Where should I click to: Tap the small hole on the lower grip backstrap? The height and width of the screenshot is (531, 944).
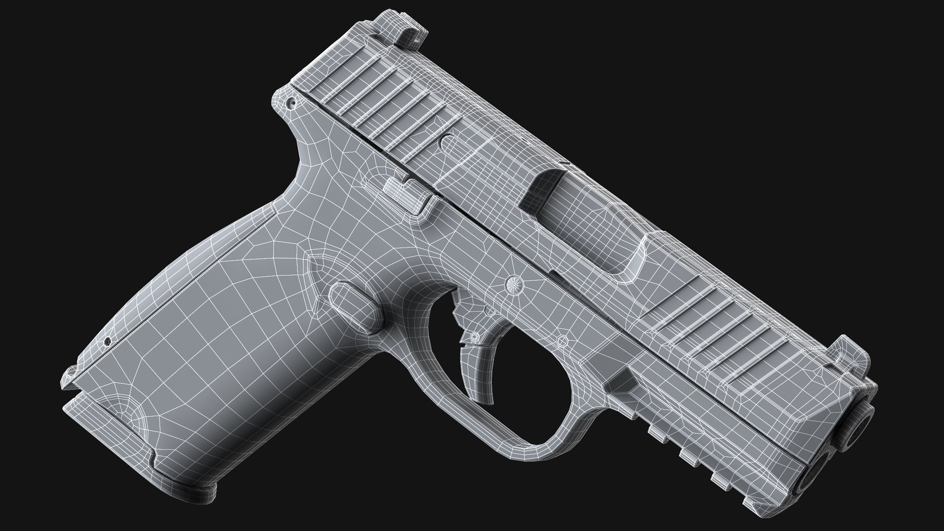[107, 340]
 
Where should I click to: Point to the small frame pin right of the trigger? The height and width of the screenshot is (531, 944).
[562, 340]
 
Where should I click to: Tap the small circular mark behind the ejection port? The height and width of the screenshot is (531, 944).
[447, 143]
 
